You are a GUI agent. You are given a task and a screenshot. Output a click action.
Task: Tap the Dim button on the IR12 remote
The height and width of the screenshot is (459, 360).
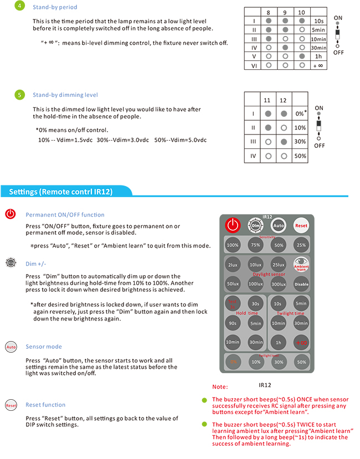click(255, 225)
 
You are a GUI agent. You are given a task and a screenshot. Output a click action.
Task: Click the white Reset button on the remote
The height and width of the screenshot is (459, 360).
click(301, 225)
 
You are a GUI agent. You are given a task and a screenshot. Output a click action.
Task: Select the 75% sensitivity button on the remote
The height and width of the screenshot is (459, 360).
click(255, 245)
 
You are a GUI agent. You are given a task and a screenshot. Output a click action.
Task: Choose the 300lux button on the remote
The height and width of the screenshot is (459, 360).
click(278, 284)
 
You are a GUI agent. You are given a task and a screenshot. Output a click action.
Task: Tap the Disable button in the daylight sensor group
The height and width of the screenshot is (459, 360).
click(301, 284)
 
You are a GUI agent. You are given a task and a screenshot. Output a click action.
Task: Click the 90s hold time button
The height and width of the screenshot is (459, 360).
click(233, 323)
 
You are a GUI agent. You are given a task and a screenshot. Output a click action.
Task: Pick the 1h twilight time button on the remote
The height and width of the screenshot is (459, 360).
click(278, 343)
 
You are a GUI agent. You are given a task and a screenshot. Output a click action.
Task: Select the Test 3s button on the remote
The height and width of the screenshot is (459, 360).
click(233, 303)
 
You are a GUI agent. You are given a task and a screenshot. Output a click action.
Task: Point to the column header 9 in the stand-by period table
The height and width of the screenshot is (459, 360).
click(285, 12)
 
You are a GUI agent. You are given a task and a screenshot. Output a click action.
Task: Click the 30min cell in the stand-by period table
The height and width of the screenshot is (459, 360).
click(318, 48)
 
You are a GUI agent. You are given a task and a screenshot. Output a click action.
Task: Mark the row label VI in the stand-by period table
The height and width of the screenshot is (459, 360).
click(253, 65)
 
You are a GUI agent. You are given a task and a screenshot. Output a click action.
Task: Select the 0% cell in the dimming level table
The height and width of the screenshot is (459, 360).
click(300, 114)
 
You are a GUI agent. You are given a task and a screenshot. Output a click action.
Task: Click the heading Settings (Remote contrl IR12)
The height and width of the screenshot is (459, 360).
click(61, 192)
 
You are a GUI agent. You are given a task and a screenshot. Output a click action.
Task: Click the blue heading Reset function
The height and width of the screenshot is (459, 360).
click(45, 405)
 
